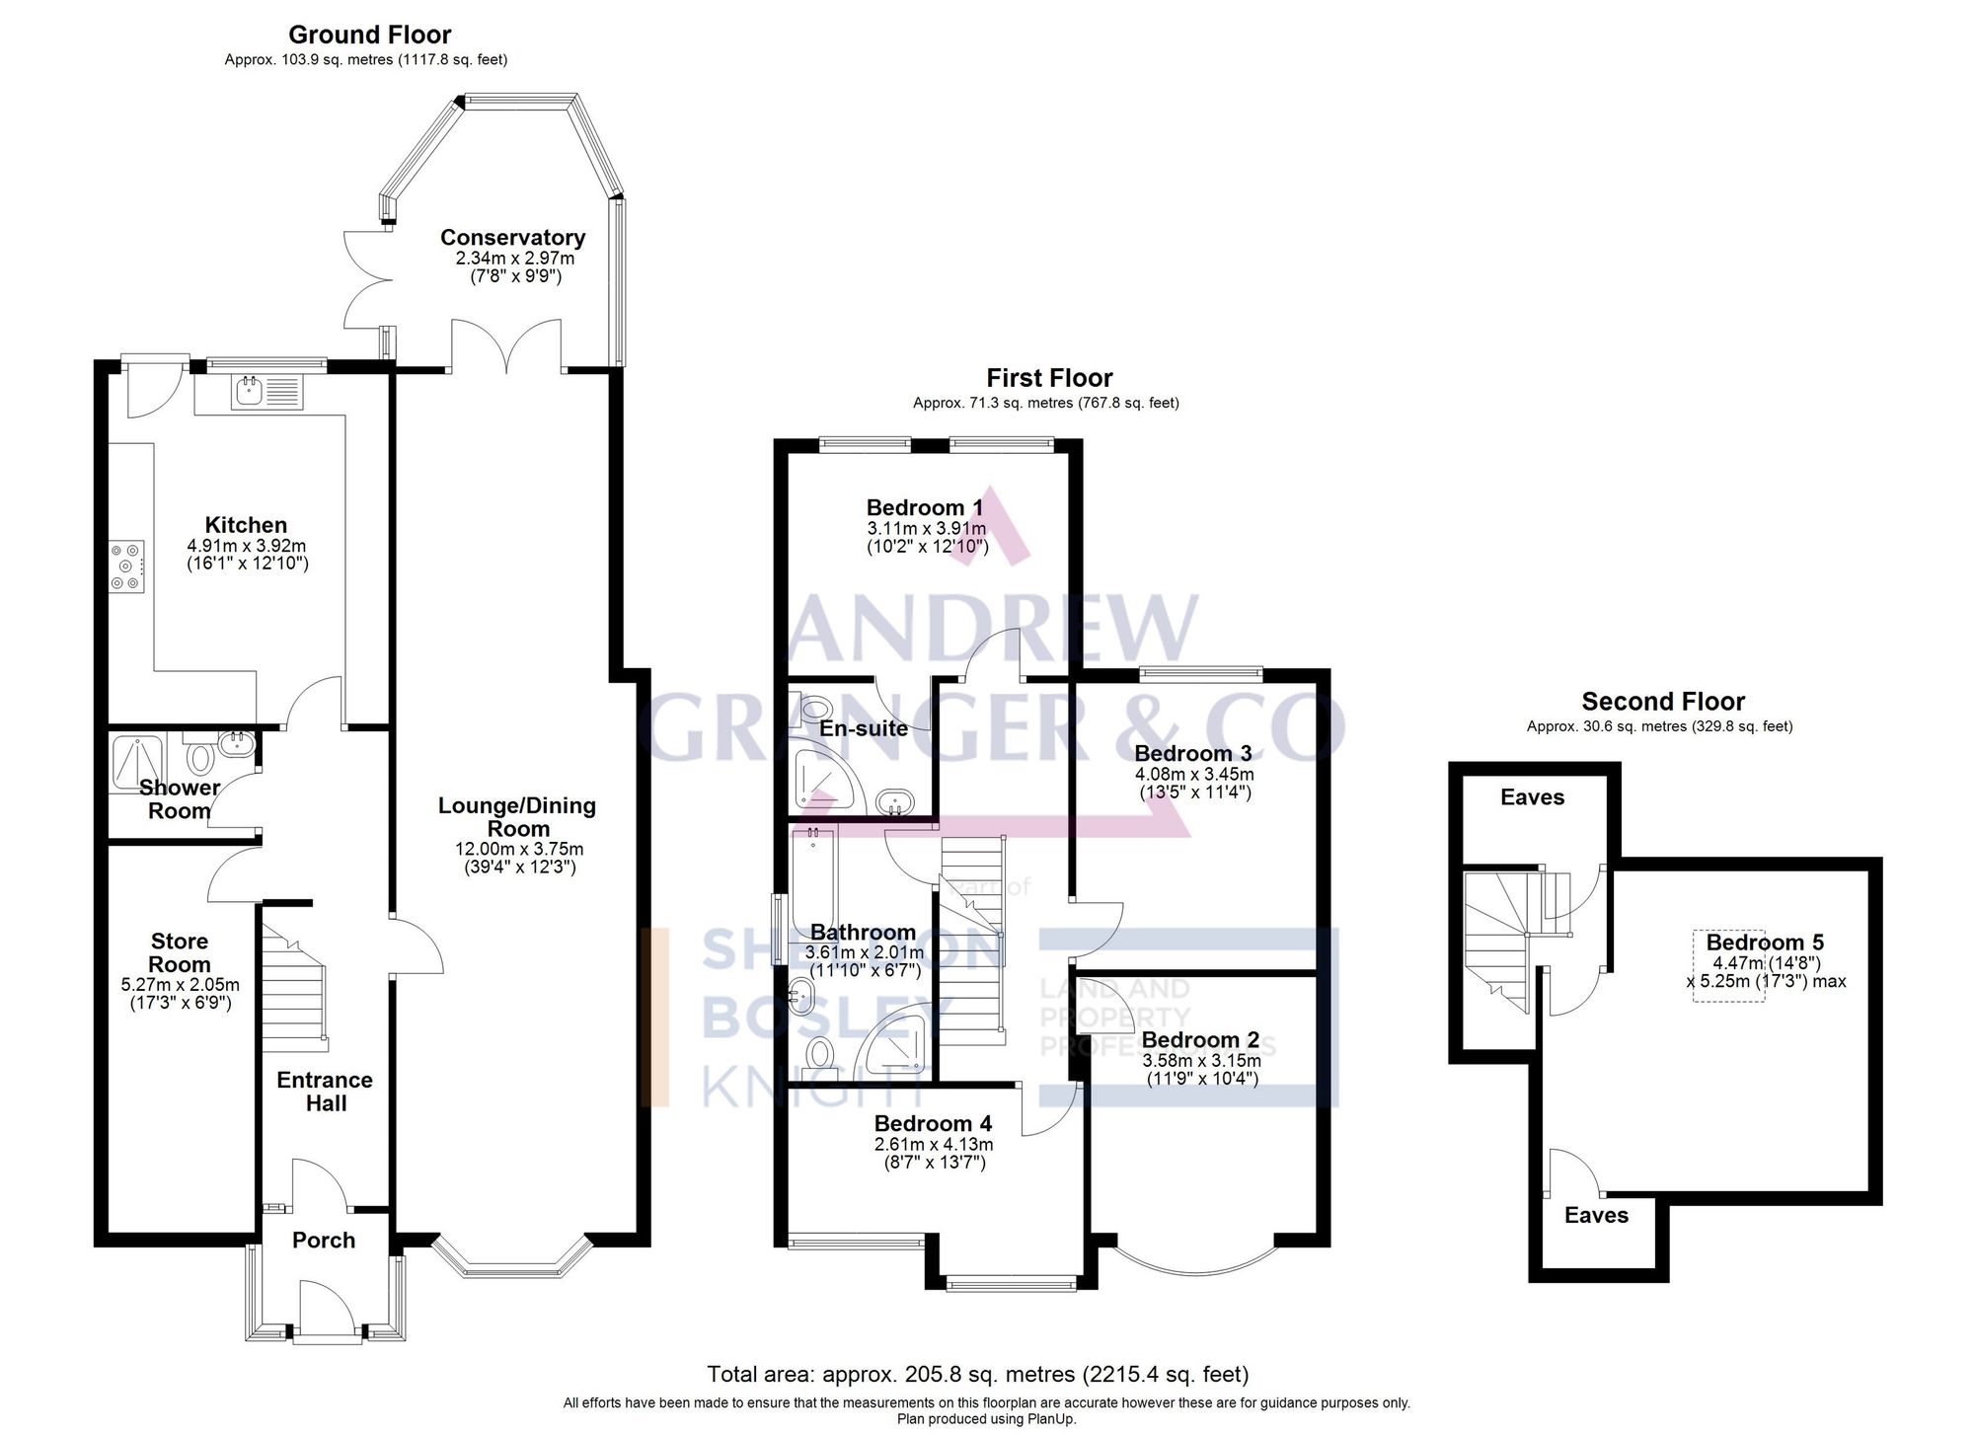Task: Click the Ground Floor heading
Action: (x=369, y=35)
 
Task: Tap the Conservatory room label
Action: (x=512, y=237)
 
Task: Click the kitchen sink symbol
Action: (x=248, y=392)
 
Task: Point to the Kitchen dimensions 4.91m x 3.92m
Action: (x=247, y=546)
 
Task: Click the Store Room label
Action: (x=180, y=952)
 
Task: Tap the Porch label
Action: (x=324, y=1241)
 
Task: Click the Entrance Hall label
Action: (x=325, y=1092)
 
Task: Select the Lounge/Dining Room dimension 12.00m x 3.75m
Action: (x=519, y=849)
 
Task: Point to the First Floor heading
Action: (x=1048, y=378)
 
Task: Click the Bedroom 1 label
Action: (x=924, y=507)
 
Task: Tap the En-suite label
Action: (x=864, y=728)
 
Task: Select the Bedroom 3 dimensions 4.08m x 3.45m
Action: (x=1193, y=774)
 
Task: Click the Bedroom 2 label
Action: (x=1200, y=1040)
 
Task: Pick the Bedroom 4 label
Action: (x=933, y=1123)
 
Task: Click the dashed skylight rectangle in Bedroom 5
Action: (x=1729, y=966)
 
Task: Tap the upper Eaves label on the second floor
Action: (x=1532, y=797)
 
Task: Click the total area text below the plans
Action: (x=977, y=1374)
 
